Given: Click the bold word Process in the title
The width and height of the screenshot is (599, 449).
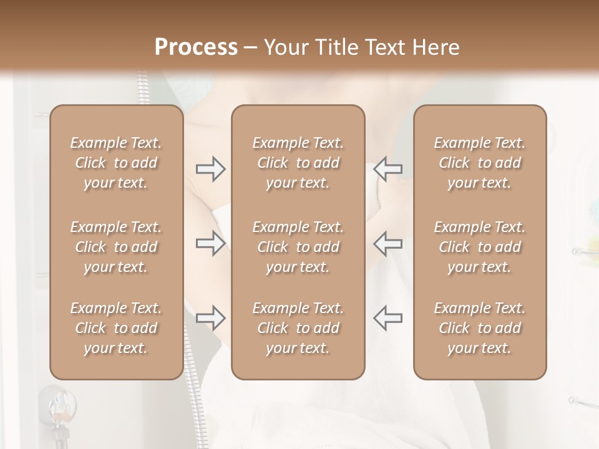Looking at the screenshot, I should (196, 47).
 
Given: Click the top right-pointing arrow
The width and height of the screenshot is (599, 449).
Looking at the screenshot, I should (210, 169).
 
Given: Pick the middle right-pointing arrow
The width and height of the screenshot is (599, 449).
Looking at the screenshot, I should (210, 243).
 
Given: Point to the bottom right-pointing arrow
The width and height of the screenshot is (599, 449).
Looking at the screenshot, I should (210, 317).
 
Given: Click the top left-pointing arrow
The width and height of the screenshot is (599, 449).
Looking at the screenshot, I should (388, 169).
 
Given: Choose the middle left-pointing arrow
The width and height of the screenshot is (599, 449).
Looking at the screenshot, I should (388, 243).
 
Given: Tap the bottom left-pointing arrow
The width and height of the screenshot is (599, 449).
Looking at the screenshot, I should (388, 317).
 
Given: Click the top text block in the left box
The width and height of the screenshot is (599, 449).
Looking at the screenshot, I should (116, 163).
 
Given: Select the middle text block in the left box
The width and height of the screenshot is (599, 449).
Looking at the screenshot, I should (116, 247).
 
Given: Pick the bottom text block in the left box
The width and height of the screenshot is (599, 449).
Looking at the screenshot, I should (116, 328).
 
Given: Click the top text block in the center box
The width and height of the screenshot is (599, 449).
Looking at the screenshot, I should (298, 163).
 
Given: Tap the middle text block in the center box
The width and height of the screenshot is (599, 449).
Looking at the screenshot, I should (298, 247).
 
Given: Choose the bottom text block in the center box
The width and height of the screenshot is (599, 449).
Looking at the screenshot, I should (298, 328).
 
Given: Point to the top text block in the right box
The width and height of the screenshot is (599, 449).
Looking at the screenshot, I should (479, 163).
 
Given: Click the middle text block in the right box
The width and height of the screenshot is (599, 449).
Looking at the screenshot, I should (479, 247).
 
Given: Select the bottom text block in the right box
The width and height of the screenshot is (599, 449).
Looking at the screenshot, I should (479, 328).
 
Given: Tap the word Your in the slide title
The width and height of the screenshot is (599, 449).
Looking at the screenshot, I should (285, 47).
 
